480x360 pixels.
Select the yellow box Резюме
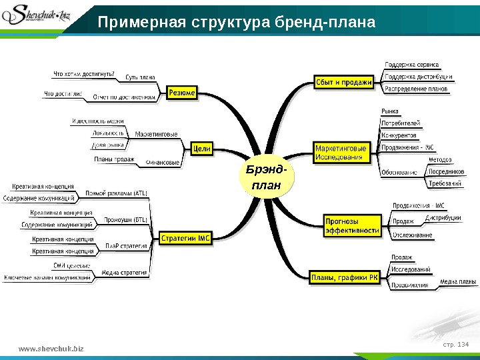(x=182, y=93)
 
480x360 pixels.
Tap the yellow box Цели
(x=202, y=149)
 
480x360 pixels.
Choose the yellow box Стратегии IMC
(x=186, y=238)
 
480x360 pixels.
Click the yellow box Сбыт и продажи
(x=344, y=82)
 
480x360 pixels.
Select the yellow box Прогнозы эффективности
(x=351, y=225)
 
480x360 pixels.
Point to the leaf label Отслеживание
(x=412, y=235)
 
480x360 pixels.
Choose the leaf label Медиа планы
(x=458, y=282)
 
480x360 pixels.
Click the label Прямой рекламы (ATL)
(x=117, y=194)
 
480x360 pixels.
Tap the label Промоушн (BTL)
(x=126, y=219)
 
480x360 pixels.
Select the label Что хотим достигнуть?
(x=83, y=73)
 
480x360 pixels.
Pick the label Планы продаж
(x=115, y=159)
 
